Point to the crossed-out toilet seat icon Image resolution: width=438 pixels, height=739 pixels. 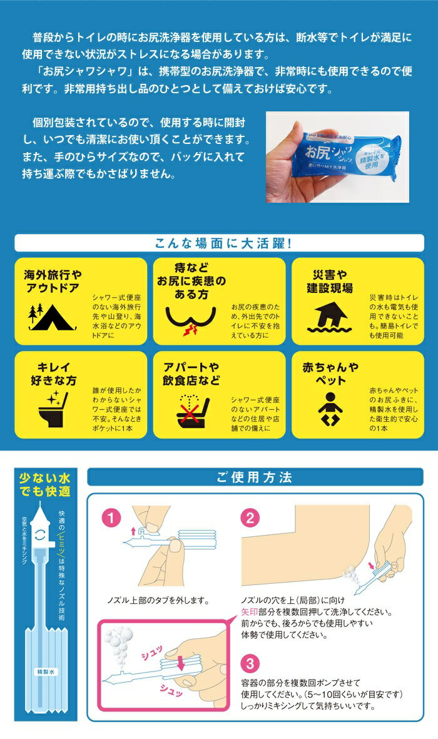(190, 410)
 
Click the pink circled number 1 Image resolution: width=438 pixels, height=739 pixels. (111, 519)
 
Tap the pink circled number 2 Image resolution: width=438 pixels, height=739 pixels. (250, 519)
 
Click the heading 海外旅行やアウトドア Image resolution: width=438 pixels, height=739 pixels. (54, 282)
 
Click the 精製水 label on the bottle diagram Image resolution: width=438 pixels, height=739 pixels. (46, 671)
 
